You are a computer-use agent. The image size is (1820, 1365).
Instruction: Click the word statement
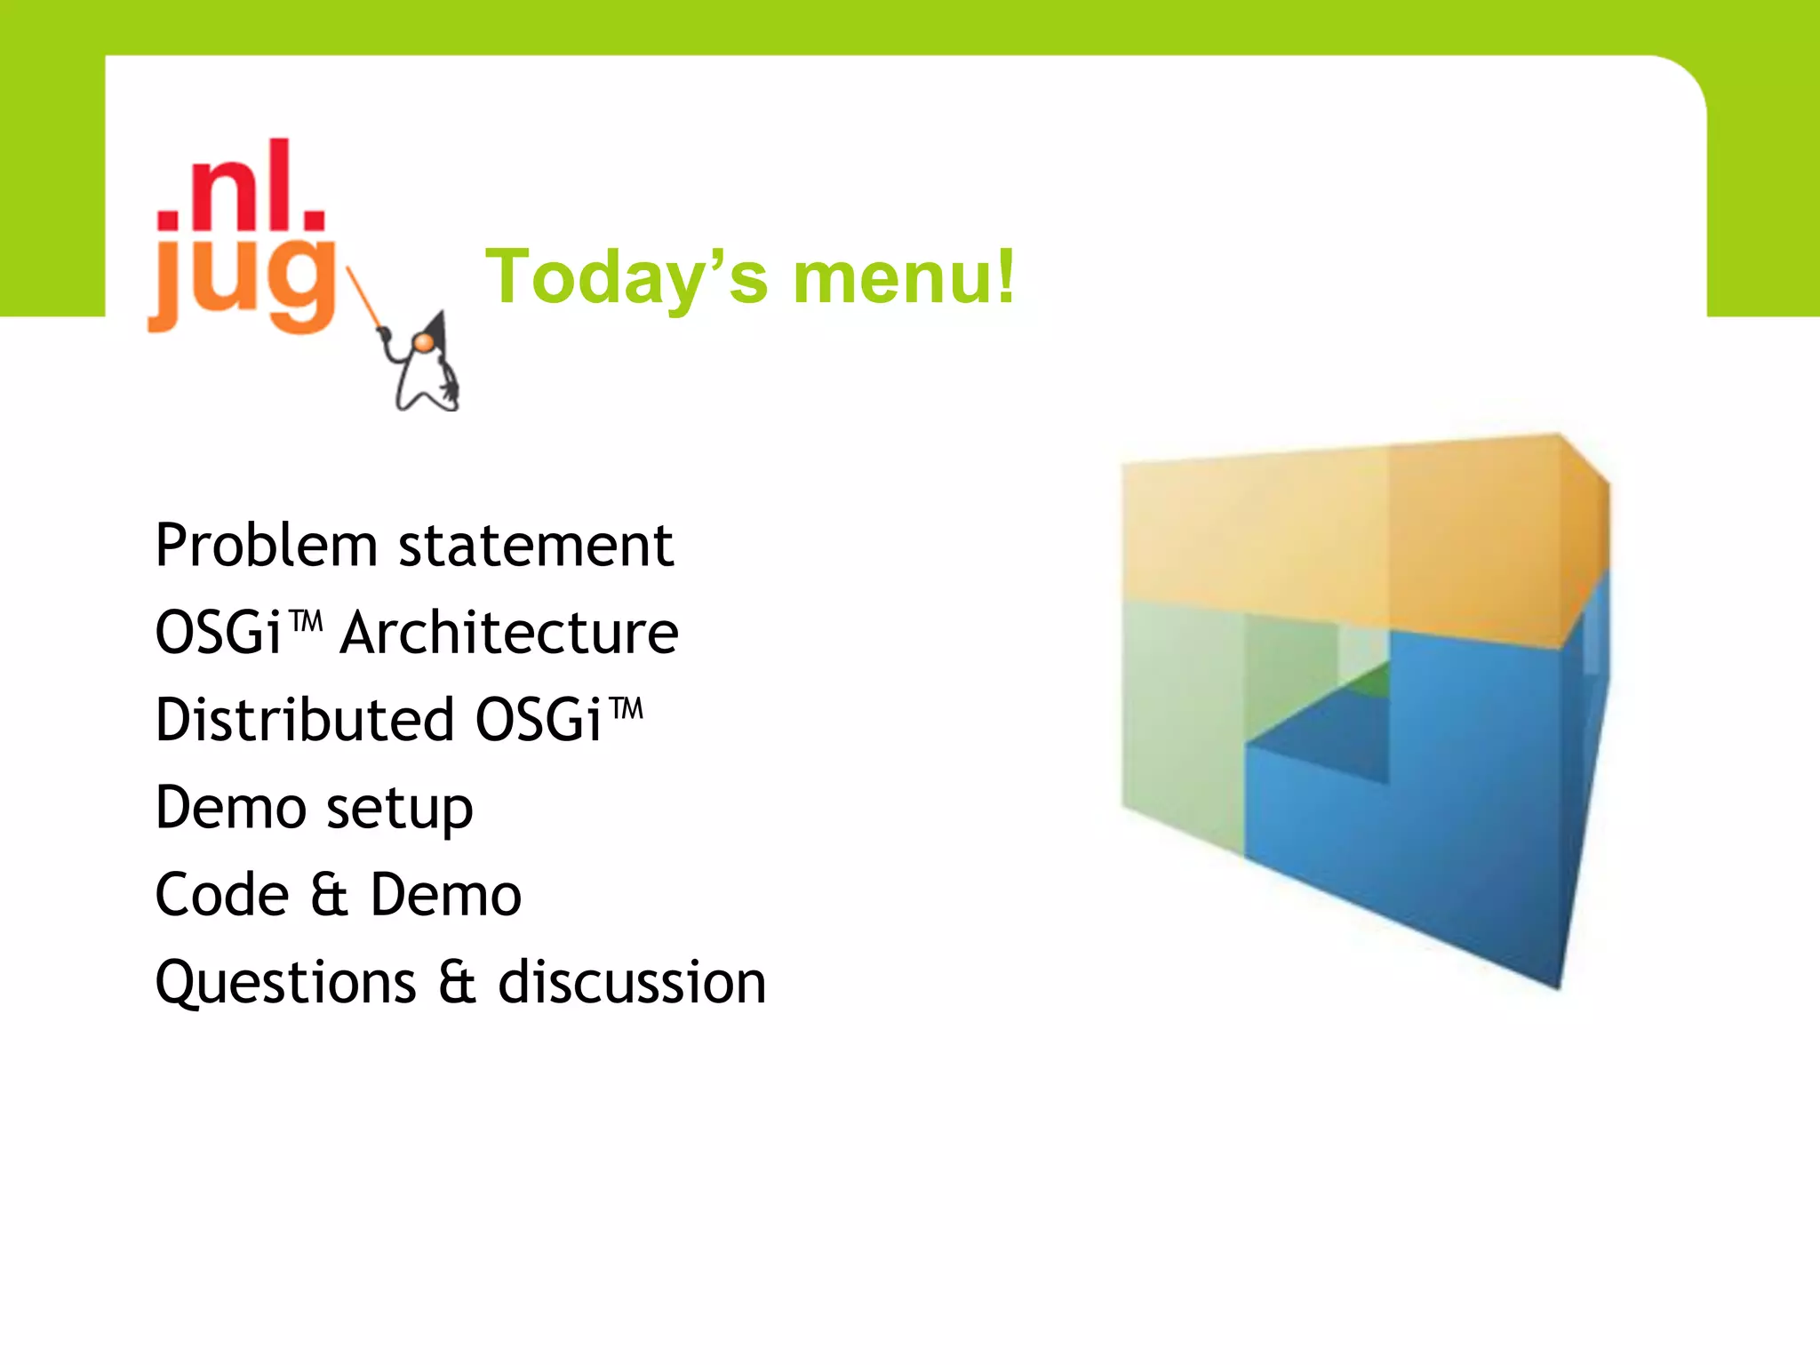536,546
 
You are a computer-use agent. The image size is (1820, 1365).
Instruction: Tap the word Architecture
509,633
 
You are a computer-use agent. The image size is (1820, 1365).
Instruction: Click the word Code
222,895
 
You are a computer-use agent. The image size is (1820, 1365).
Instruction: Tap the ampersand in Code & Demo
329,895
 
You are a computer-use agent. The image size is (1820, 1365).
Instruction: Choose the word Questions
285,983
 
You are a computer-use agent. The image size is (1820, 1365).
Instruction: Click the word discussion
632,983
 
